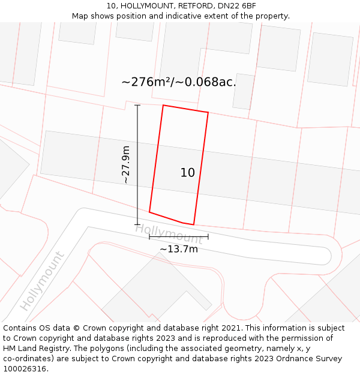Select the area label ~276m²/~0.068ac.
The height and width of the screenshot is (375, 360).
pos(179,82)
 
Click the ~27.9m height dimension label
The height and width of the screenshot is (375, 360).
pos(125,164)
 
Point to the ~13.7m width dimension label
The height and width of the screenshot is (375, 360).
pos(178,249)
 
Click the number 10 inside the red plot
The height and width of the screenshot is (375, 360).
pos(187,173)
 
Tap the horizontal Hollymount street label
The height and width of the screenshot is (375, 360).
pos(169,234)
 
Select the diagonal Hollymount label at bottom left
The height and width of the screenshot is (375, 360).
pos(42,280)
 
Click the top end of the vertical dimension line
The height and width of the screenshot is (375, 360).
pos(137,105)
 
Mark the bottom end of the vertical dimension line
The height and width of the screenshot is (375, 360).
pos(137,224)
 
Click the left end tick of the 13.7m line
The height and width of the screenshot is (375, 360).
pos(149,237)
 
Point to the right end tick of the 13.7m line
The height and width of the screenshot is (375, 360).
pos(208,237)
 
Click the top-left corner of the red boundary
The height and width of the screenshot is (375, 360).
pos(163,106)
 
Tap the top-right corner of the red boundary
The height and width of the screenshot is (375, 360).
pos(208,112)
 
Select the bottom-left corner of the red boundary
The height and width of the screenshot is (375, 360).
pos(149,212)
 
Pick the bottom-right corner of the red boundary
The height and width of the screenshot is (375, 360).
pos(194,225)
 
